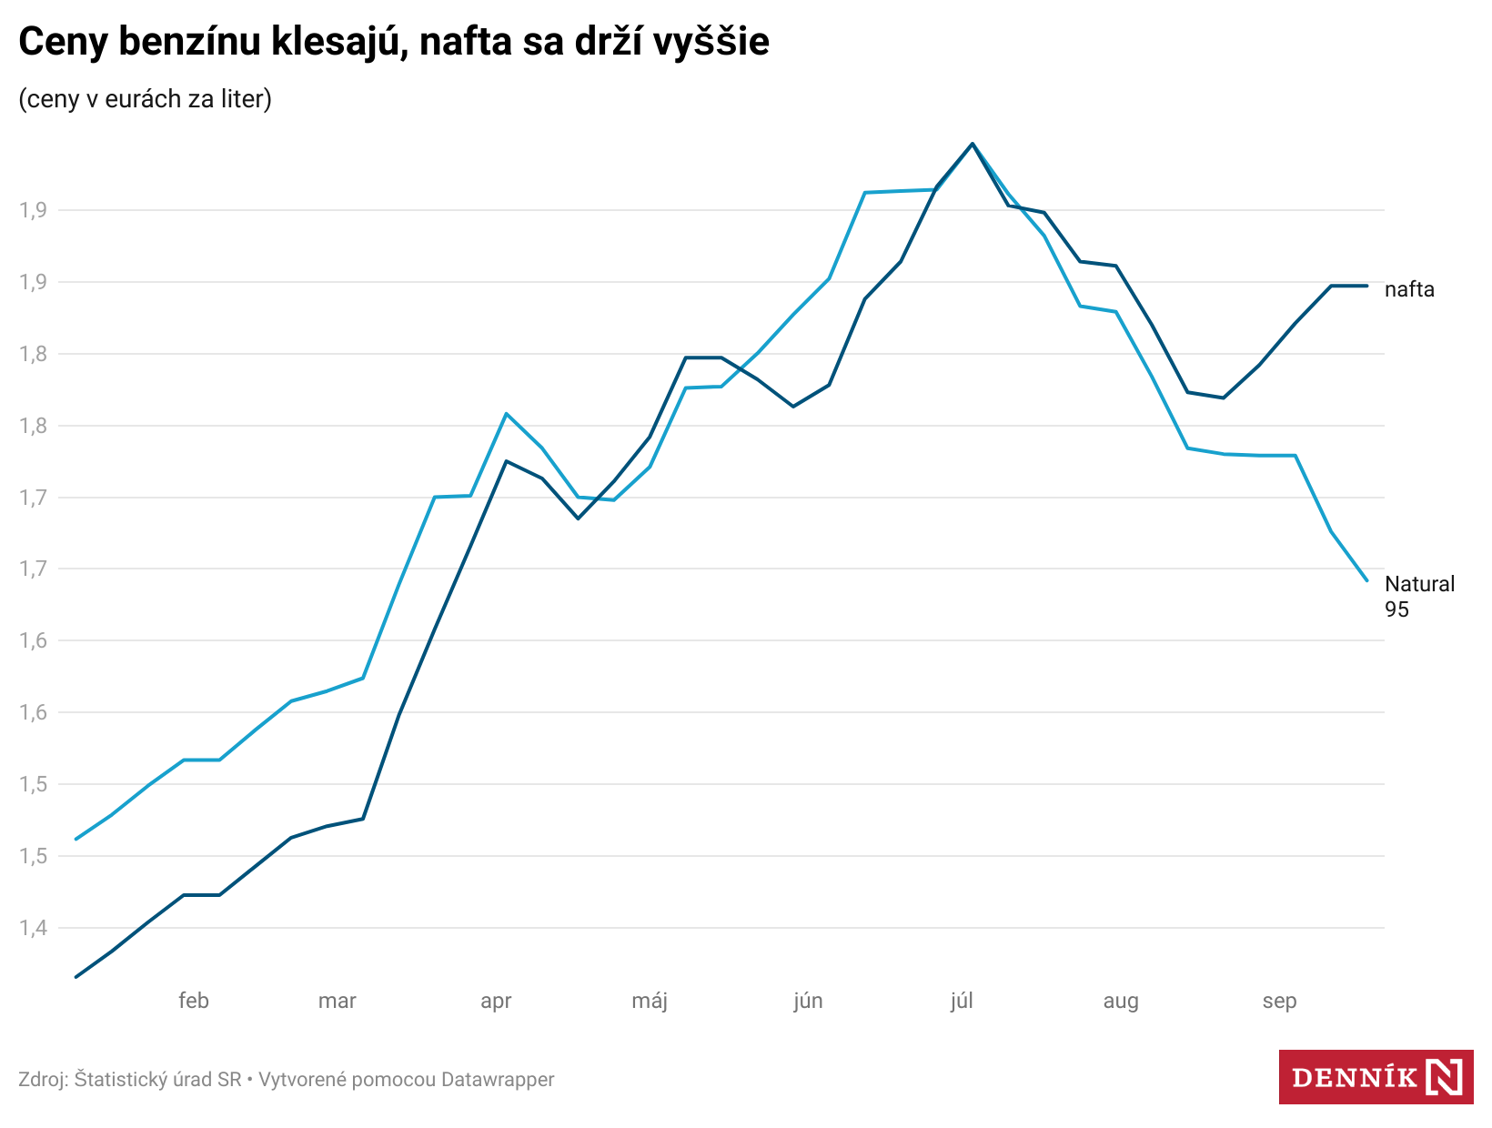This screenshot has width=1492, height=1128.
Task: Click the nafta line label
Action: [x=1409, y=289]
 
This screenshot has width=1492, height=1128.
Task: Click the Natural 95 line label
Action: [x=1418, y=596]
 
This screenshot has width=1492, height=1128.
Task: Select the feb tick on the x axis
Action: [x=194, y=1001]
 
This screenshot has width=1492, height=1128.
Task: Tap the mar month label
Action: [x=337, y=1001]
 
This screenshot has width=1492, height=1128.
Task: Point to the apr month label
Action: [x=496, y=1001]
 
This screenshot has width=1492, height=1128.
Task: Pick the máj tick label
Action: [x=650, y=1001]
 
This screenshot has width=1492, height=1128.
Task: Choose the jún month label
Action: [x=808, y=1001]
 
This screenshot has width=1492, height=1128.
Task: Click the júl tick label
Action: [x=962, y=1001]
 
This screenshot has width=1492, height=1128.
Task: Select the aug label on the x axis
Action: [x=1121, y=1001]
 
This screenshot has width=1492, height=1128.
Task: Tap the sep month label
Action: [x=1279, y=1001]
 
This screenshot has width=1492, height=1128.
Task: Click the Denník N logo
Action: [x=1376, y=1077]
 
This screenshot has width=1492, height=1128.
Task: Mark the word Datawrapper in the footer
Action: [x=498, y=1080]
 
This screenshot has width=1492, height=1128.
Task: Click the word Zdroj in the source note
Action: [x=42, y=1080]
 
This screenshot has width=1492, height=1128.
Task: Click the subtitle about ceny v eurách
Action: [x=146, y=98]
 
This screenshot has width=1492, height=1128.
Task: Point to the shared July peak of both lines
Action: [x=972, y=144]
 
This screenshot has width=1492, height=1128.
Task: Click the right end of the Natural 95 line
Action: [x=1366, y=579]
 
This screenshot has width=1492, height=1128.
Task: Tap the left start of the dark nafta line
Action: [x=76, y=977]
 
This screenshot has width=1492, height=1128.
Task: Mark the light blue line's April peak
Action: [x=506, y=414]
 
